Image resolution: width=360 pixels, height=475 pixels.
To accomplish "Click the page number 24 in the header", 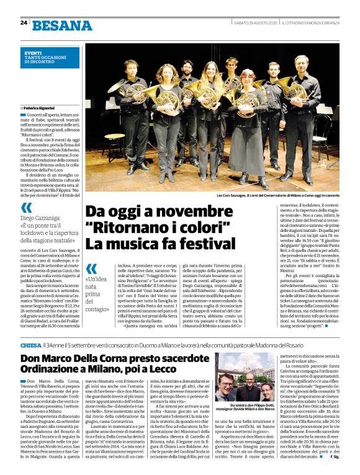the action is (x=24, y=22).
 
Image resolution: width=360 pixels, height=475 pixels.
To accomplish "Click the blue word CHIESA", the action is (x=30, y=345).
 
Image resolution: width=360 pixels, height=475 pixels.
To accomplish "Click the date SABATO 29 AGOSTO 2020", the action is (x=253, y=24).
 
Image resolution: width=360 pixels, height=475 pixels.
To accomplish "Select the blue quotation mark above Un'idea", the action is (x=91, y=269).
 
